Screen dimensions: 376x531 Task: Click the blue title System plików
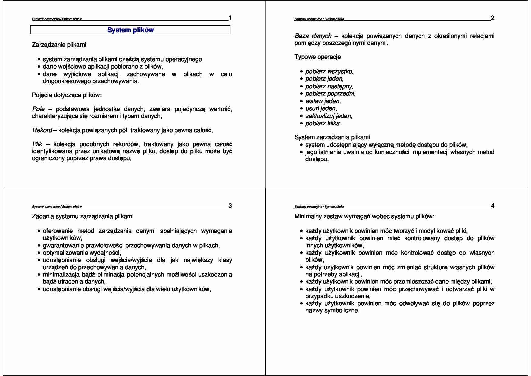point(130,30)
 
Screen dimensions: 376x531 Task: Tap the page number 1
point(230,18)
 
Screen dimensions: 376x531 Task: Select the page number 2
point(493,18)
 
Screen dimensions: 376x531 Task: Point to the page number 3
point(230,206)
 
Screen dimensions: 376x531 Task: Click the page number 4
point(493,206)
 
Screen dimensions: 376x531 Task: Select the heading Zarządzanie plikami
point(59,45)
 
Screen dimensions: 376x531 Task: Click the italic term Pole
point(38,109)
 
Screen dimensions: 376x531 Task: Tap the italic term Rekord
point(42,130)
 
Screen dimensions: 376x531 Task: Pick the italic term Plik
point(37,144)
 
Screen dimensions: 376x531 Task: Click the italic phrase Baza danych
point(313,36)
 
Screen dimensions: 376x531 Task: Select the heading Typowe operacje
point(318,57)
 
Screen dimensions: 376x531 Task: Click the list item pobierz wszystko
point(329,72)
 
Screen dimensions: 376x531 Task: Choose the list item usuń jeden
point(321,109)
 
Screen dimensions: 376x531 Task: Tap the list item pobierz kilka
point(323,123)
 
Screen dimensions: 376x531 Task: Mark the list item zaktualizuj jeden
point(328,116)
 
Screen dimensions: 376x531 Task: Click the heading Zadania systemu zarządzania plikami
point(83,217)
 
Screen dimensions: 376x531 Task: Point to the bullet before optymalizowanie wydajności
point(39,253)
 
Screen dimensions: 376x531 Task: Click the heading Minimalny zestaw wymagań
point(364,217)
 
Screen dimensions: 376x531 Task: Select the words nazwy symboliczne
point(332,311)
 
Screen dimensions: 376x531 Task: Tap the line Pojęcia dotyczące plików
point(67,95)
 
